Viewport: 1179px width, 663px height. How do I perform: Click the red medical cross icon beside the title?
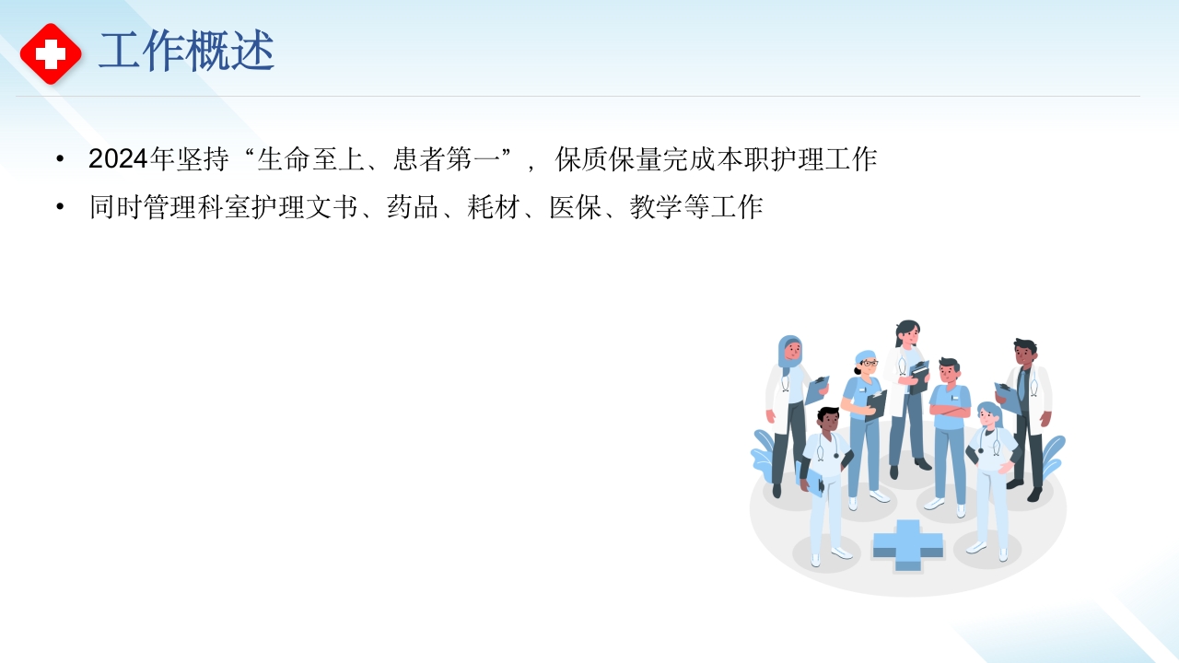pos(51,53)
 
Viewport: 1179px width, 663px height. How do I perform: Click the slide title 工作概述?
pos(186,52)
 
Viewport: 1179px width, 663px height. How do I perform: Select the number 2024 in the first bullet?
pos(118,159)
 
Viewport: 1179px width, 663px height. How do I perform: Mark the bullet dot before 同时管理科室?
pos(61,207)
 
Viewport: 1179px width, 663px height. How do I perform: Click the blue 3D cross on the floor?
pos(907,544)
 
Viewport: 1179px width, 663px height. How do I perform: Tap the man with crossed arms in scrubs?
pos(949,424)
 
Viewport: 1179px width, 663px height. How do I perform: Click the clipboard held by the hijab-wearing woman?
pos(816,390)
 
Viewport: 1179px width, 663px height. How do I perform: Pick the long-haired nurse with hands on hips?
pos(991,470)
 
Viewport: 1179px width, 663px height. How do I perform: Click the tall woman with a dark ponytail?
pos(907,387)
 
